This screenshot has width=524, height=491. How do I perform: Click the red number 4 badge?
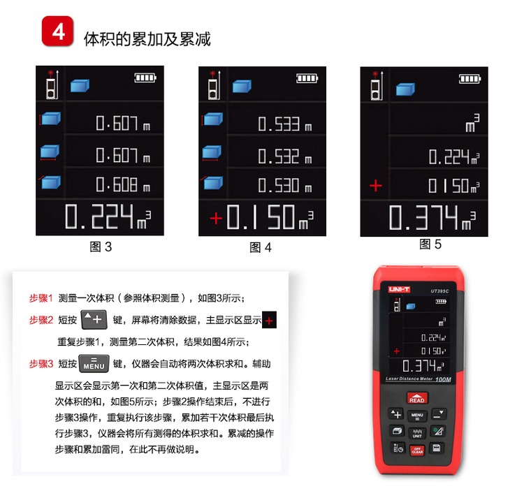point(57,31)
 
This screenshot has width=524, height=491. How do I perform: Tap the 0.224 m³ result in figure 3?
point(108,217)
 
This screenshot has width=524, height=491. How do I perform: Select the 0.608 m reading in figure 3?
point(123,184)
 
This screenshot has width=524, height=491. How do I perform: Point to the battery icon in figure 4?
point(307,78)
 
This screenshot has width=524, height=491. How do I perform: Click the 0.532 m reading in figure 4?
point(285,156)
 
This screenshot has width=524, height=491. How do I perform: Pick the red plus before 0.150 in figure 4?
point(216,219)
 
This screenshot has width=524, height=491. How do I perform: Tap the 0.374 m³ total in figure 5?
point(432,217)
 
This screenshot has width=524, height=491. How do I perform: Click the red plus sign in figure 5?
point(376,185)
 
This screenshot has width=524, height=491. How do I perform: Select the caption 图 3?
point(101,247)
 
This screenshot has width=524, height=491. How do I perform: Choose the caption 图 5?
point(430,244)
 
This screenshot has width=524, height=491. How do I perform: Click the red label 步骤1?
point(41,298)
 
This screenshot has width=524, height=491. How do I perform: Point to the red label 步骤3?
point(41,364)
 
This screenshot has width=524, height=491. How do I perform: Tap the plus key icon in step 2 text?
point(94,320)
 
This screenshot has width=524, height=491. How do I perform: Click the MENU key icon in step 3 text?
point(94,363)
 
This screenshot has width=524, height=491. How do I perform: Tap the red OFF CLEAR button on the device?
point(417,450)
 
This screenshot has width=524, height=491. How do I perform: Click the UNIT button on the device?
point(417,433)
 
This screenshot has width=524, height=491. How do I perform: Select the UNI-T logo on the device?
point(399,289)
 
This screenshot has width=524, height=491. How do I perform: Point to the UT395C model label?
point(439,291)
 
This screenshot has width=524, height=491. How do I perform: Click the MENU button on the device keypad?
point(417,416)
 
